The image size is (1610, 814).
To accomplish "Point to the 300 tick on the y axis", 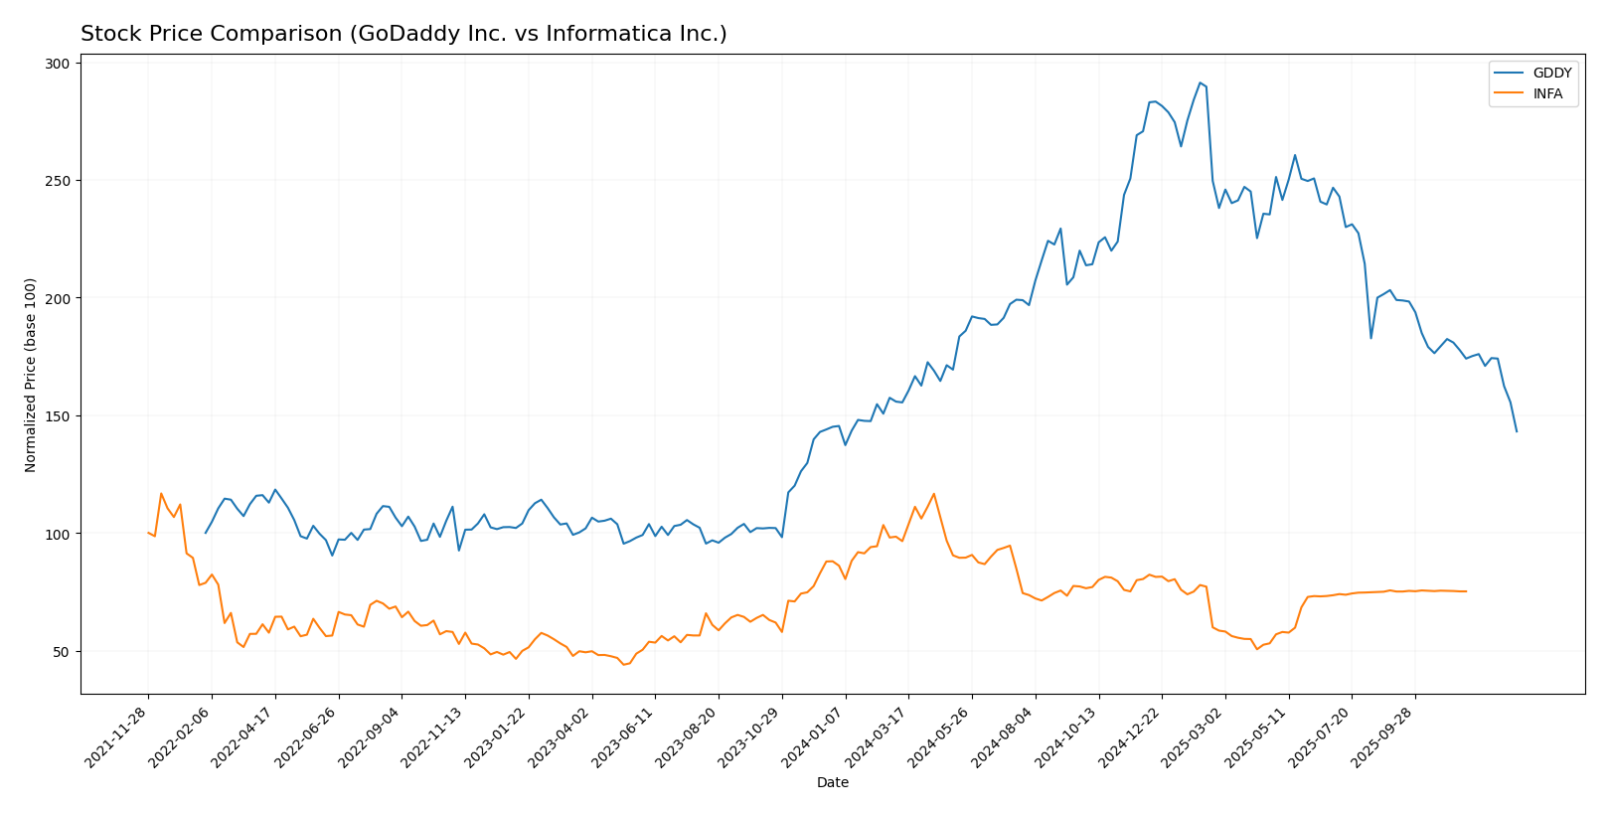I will pyautogui.click(x=59, y=64).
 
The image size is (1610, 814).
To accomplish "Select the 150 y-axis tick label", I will pyautogui.click(x=59, y=416).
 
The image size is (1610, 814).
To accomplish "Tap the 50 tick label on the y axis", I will pyautogui.click(x=62, y=652).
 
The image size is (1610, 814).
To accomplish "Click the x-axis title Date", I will pyautogui.click(x=832, y=783).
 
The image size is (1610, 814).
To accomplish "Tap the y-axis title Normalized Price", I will pyautogui.click(x=31, y=375).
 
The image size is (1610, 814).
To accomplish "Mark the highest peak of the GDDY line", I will pyautogui.click(x=1200, y=82).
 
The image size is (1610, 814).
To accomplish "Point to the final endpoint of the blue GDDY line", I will pyautogui.click(x=1517, y=431).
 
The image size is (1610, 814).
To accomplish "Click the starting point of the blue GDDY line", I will pyautogui.click(x=206, y=533).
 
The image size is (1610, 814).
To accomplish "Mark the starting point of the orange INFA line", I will pyautogui.click(x=148, y=533).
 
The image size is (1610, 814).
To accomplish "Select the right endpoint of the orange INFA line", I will pyautogui.click(x=1466, y=591).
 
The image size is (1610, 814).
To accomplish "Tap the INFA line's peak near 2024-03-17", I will pyautogui.click(x=933, y=494).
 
